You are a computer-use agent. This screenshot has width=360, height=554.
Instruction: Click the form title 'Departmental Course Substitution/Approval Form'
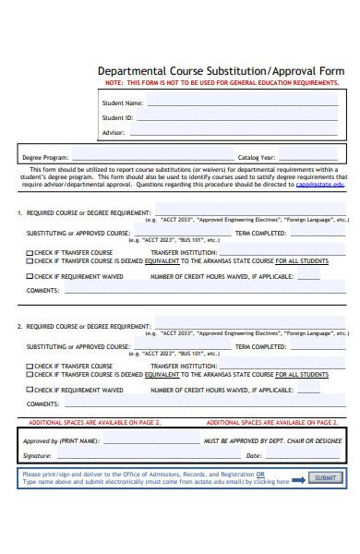[221, 71]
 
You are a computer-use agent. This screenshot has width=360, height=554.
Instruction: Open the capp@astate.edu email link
[319, 185]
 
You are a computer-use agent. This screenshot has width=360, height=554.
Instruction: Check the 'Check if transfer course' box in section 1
[30, 252]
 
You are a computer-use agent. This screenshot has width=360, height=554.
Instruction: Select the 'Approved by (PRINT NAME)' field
[148, 441]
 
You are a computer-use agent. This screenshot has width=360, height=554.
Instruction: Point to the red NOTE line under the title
[221, 83]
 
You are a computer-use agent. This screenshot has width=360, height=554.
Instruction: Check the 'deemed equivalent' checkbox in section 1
[30, 261]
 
